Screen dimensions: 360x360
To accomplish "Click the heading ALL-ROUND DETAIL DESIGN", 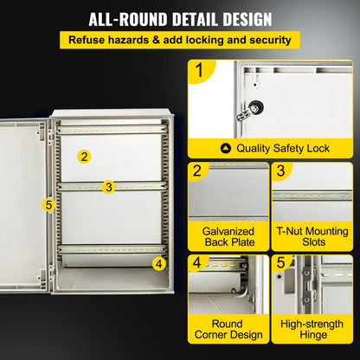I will (x=180, y=18).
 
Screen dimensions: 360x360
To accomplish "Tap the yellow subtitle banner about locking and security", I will (x=180, y=40).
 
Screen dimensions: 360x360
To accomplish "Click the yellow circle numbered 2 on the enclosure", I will (x=84, y=157).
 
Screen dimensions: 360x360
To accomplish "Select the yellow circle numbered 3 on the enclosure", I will (x=108, y=186).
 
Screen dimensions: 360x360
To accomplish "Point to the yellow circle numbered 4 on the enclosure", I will (x=158, y=263).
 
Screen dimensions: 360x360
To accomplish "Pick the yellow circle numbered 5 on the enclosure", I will (x=48, y=205).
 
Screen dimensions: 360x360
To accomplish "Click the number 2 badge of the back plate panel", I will (x=198, y=171).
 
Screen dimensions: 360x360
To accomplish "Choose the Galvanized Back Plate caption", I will (x=228, y=237).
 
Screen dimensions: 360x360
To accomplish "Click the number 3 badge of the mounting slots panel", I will (x=281, y=171).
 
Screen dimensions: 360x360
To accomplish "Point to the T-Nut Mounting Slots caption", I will (x=312, y=237).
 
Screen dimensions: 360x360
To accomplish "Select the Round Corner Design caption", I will (x=228, y=331).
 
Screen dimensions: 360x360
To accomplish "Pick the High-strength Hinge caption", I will (x=312, y=331).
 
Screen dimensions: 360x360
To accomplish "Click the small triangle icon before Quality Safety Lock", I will (x=227, y=148).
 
